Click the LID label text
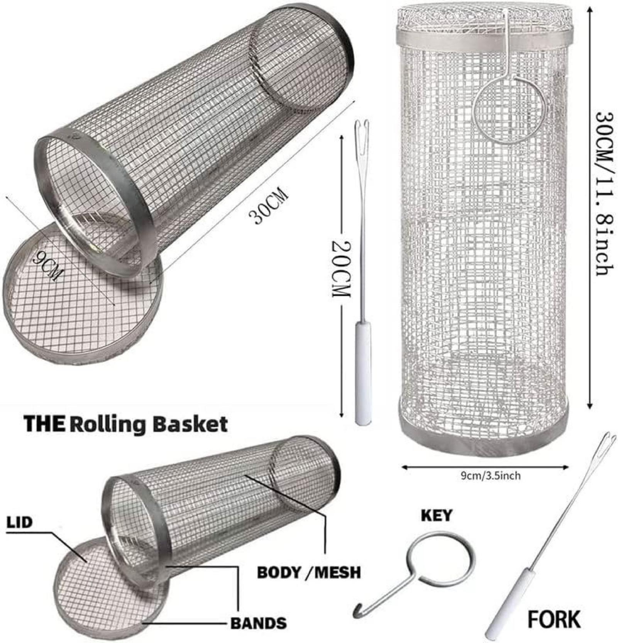[x=20, y=523]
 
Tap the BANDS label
[x=259, y=623]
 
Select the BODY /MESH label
[x=309, y=572]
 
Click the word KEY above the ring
[x=436, y=515]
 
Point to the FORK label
[x=554, y=619]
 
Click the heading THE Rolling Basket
[x=126, y=424]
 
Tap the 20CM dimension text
[x=341, y=269]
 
